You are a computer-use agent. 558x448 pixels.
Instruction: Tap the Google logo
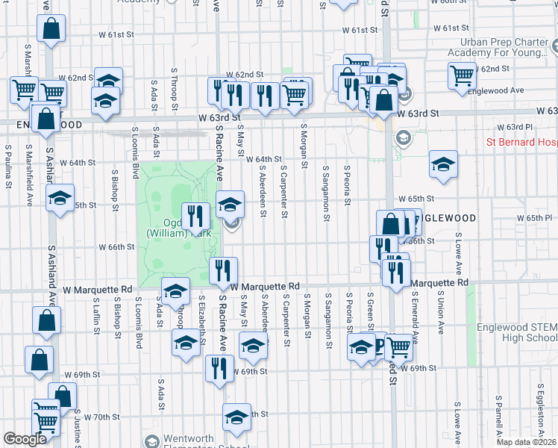[25, 439]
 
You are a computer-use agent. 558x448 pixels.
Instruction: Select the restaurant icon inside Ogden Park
[195, 217]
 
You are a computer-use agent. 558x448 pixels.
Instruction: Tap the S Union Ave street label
[441, 313]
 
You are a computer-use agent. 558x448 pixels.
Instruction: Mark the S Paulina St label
[10, 167]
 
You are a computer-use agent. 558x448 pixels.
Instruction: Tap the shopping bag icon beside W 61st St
[51, 31]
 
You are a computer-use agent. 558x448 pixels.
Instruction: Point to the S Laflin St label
[97, 318]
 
